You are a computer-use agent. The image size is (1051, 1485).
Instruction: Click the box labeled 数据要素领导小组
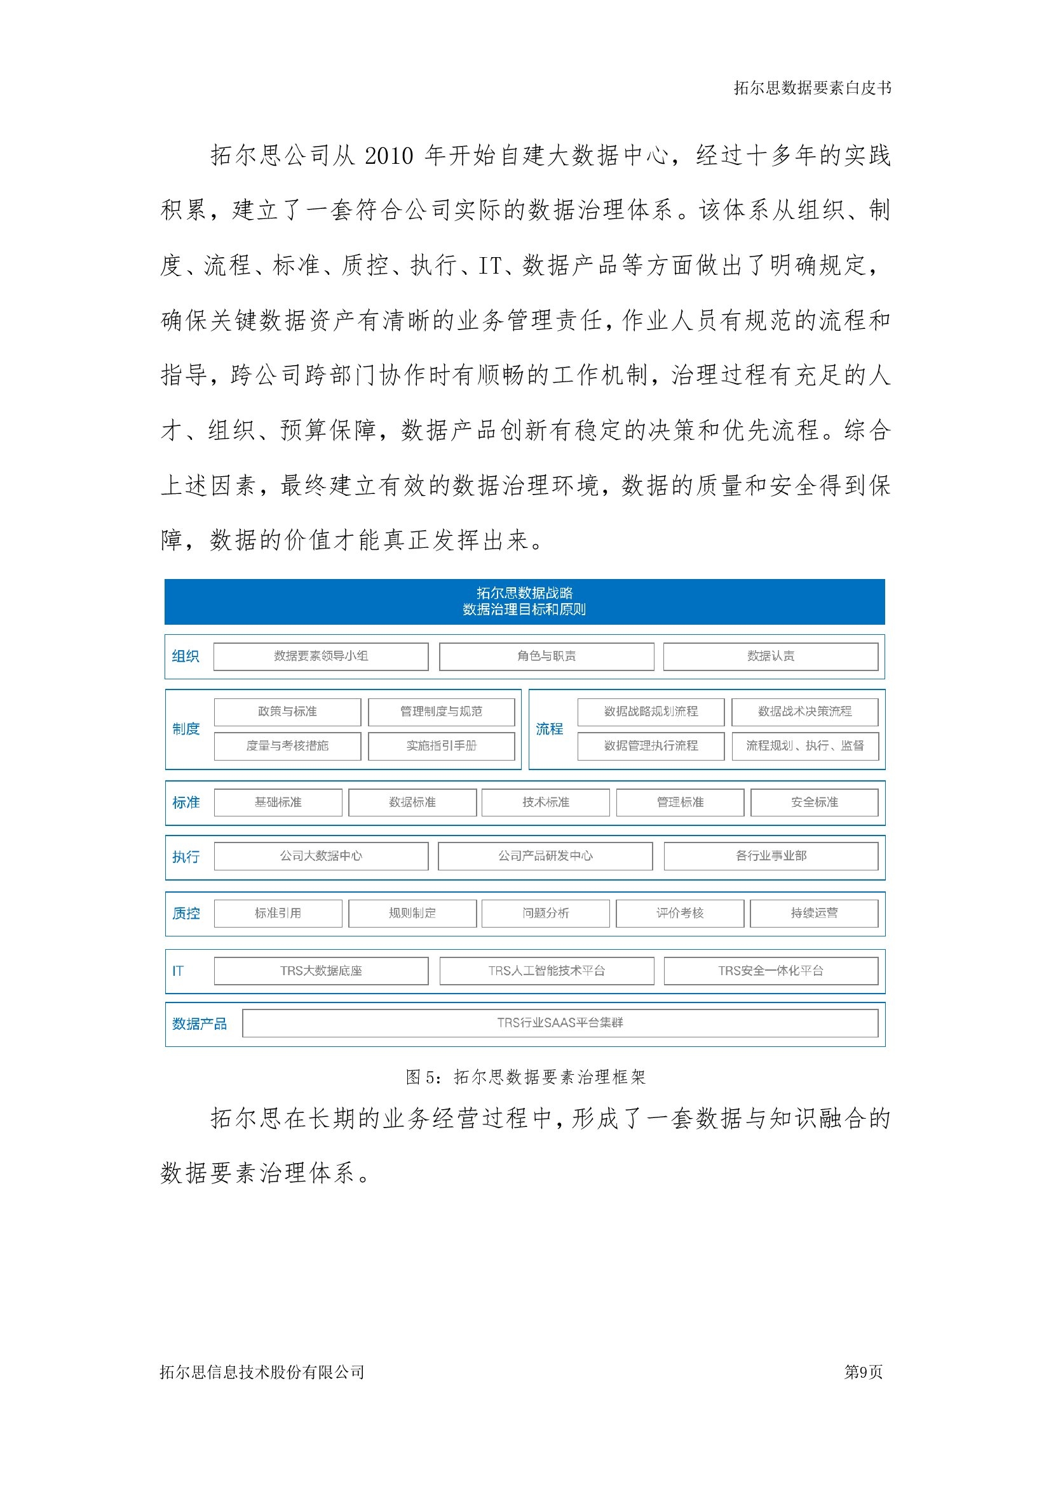pyautogui.click(x=320, y=656)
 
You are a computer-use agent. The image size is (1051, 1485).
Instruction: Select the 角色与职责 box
pyautogui.click(x=546, y=656)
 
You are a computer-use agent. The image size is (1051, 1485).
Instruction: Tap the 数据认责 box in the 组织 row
pyautogui.click(x=770, y=656)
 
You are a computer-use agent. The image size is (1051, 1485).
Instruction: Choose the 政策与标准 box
pyautogui.click(x=287, y=712)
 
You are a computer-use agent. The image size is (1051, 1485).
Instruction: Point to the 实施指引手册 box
pyautogui.click(x=442, y=746)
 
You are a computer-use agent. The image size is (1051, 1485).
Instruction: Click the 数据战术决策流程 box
pyautogui.click(x=804, y=712)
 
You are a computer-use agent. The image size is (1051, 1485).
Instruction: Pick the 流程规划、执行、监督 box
pyautogui.click(x=804, y=746)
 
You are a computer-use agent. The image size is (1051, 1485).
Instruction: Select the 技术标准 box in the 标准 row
pyautogui.click(x=546, y=802)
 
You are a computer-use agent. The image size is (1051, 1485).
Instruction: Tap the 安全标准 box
pyautogui.click(x=814, y=802)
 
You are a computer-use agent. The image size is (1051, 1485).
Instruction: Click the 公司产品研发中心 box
pyautogui.click(x=545, y=856)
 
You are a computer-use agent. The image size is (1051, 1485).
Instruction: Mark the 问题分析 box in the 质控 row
pyautogui.click(x=546, y=912)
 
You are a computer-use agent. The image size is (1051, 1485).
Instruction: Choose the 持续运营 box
pyautogui.click(x=814, y=912)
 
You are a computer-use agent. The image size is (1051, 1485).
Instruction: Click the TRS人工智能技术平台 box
pyautogui.click(x=546, y=970)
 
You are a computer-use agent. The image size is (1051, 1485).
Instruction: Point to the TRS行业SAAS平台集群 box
pyautogui.click(x=560, y=1023)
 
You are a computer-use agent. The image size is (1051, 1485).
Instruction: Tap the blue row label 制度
pyautogui.click(x=186, y=729)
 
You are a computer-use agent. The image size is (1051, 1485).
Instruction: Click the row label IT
pyautogui.click(x=178, y=971)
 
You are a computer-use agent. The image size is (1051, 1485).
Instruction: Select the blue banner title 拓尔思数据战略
pyautogui.click(x=524, y=592)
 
